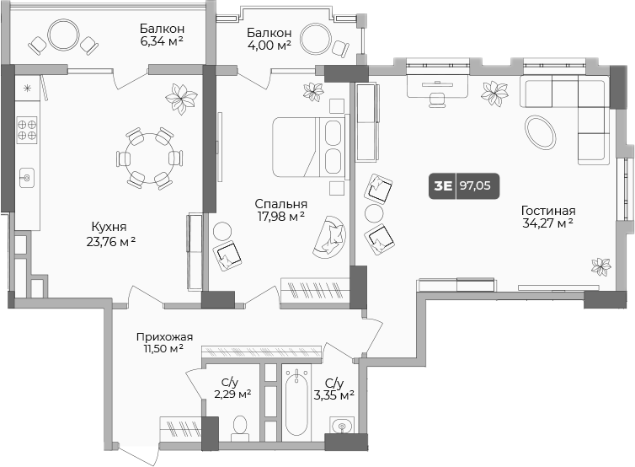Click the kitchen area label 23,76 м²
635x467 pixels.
[111, 242]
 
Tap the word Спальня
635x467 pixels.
[280, 203]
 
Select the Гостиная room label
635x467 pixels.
[548, 211]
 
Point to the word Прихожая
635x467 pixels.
[164, 337]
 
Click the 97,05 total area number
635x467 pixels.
[475, 185]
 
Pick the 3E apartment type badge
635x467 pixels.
[443, 186]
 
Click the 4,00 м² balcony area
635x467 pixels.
[269, 45]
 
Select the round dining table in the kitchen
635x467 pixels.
[149, 158]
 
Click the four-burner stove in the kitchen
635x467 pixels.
[27, 130]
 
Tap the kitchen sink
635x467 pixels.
[27, 178]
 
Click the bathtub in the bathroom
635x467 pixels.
[297, 402]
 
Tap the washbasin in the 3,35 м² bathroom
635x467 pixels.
[342, 425]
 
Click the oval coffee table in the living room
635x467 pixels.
[540, 132]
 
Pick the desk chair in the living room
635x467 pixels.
[436, 99]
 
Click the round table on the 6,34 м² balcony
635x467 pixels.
[63, 35]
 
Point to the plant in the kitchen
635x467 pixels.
[181, 98]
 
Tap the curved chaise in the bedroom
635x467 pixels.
[329, 237]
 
